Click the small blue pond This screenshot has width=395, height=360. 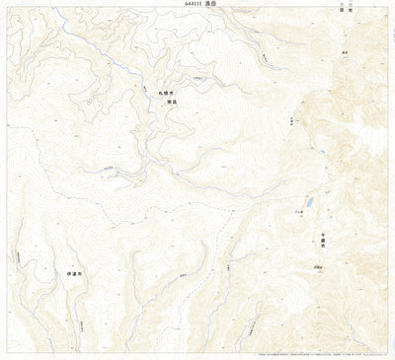click(x=309, y=201)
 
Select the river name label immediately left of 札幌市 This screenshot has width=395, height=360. click(x=150, y=97)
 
